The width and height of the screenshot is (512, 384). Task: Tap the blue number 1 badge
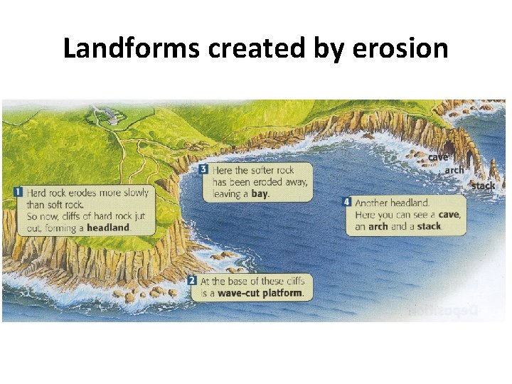(x=18, y=193)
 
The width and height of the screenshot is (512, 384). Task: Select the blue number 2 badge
(x=192, y=281)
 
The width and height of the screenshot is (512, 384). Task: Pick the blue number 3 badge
(x=203, y=170)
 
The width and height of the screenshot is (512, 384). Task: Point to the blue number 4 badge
(x=346, y=203)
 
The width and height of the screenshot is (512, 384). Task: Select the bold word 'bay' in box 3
(x=260, y=193)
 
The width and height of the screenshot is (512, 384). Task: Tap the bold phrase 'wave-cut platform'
(x=260, y=293)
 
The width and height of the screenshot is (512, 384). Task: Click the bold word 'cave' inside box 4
(x=449, y=215)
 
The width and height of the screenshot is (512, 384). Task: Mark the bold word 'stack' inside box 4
(x=429, y=226)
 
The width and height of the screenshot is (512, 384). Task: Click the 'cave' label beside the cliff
(x=438, y=156)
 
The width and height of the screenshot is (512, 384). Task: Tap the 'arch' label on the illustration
(x=454, y=170)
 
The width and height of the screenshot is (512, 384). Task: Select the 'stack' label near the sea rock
(x=483, y=186)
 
